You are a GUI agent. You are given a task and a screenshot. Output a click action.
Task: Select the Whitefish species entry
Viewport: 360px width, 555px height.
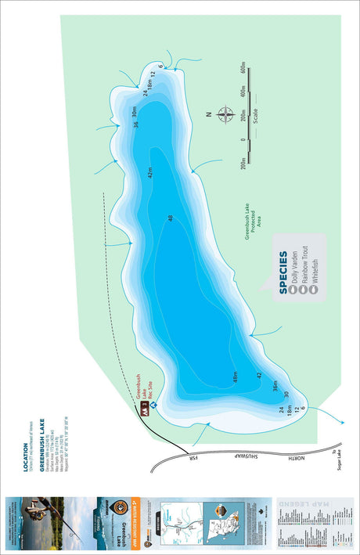[x=314, y=271]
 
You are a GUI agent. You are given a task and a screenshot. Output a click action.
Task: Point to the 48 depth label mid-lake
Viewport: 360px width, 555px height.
[x=171, y=218]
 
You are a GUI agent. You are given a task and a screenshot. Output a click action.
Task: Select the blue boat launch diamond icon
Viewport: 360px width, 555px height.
[x=154, y=405]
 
